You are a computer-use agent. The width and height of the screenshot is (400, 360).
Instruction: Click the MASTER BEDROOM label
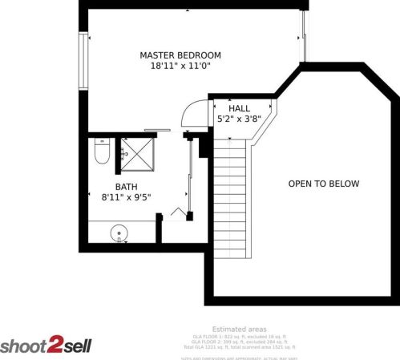(x=180, y=55)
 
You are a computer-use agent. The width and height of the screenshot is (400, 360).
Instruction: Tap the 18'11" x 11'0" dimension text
(x=180, y=67)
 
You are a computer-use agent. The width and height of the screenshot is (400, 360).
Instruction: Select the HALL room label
(x=239, y=108)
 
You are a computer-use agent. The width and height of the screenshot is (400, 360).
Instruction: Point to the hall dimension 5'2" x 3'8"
(x=239, y=119)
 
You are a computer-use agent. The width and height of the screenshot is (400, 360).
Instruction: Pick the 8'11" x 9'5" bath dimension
(x=126, y=196)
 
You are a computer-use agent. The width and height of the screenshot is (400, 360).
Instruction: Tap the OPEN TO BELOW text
(x=324, y=184)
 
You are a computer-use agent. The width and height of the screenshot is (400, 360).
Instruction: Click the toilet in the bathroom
(x=101, y=152)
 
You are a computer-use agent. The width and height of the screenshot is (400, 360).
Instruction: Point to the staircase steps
(x=230, y=200)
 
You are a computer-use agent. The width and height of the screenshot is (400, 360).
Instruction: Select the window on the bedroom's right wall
(x=304, y=36)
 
